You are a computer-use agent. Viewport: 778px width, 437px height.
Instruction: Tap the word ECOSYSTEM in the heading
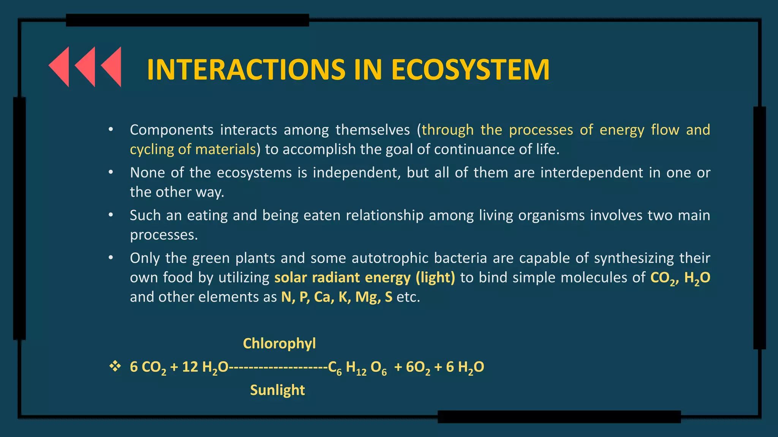coord(470,70)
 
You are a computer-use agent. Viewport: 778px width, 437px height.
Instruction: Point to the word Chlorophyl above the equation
coord(279,343)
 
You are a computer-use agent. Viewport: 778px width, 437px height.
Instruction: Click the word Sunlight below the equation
coord(277,390)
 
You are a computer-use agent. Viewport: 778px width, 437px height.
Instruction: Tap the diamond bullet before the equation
coord(115,366)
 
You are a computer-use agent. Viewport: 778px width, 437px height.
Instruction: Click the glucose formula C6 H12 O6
coord(357,367)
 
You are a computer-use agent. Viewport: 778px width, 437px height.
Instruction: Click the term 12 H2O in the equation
coord(205,367)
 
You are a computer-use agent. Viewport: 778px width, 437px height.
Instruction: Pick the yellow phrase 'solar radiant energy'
coord(342,278)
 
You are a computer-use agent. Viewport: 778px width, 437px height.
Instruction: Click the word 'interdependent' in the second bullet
coord(592,173)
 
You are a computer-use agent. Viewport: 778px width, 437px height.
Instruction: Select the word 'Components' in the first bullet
coord(171,130)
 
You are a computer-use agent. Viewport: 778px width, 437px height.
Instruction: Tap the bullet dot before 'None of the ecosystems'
coord(111,173)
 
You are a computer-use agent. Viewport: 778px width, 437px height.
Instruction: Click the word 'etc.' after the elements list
coord(408,297)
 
